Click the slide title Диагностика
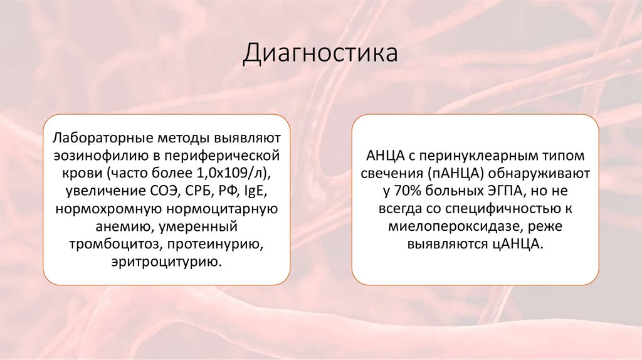coord(320,53)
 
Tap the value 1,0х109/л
coord(239,172)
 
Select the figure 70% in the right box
coord(411,190)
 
